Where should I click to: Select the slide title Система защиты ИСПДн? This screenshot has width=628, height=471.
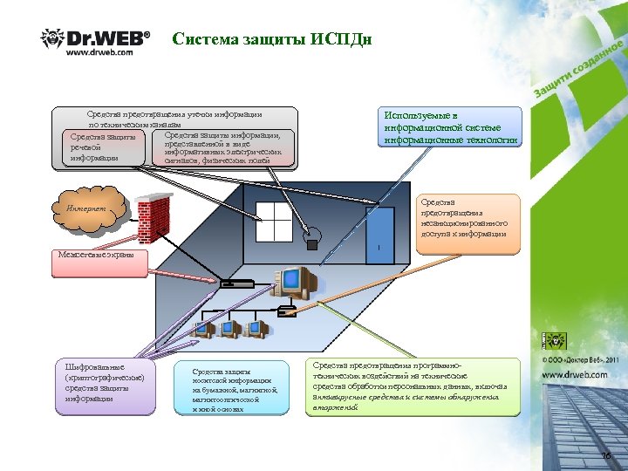pos(273,39)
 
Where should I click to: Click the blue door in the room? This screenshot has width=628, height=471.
pos(380,235)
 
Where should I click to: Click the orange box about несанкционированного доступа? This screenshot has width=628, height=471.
pos(468,223)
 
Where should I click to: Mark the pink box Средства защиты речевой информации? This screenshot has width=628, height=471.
pos(102,147)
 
